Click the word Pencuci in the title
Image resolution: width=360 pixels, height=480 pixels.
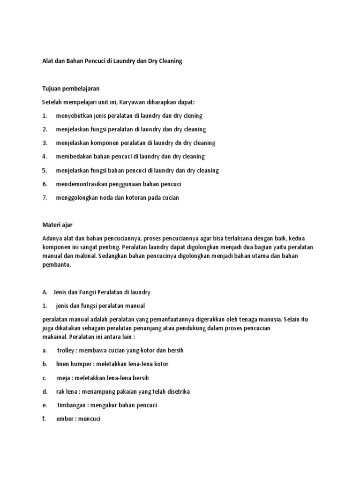click(x=94, y=61)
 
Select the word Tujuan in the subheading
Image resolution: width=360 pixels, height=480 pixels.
click(x=52, y=88)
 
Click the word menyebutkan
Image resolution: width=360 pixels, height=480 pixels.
click(x=74, y=115)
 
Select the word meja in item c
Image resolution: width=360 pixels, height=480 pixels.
click(x=63, y=377)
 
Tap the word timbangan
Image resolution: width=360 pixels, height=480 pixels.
click(x=72, y=405)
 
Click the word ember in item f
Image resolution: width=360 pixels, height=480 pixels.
click(x=64, y=419)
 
